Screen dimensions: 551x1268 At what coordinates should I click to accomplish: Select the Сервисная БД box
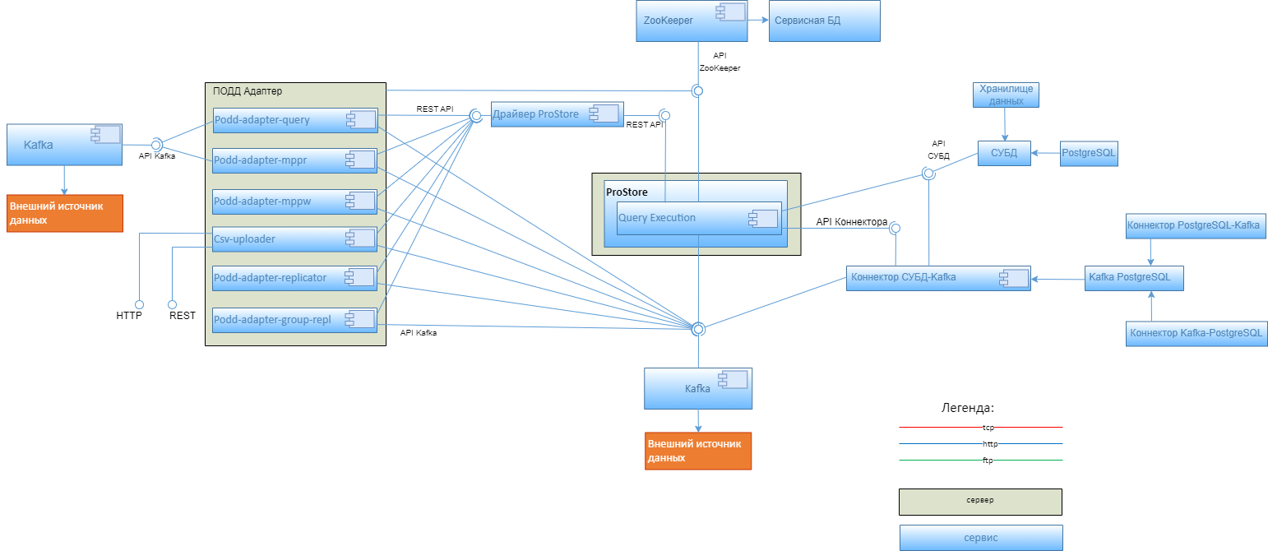[825, 21]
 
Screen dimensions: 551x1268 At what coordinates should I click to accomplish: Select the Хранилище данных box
[1005, 95]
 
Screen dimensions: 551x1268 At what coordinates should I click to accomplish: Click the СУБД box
[1004, 153]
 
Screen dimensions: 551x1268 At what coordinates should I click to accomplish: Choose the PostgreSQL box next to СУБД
[1089, 153]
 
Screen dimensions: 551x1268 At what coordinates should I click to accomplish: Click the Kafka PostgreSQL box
[1134, 278]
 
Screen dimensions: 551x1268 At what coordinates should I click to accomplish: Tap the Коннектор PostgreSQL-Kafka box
[1193, 225]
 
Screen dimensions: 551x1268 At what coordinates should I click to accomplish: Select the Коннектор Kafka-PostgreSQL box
[1196, 333]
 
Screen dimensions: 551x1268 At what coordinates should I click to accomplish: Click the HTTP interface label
[129, 315]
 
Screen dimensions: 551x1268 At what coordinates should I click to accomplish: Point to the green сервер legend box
[980, 501]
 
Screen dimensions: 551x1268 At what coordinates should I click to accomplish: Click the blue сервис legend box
[980, 538]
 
